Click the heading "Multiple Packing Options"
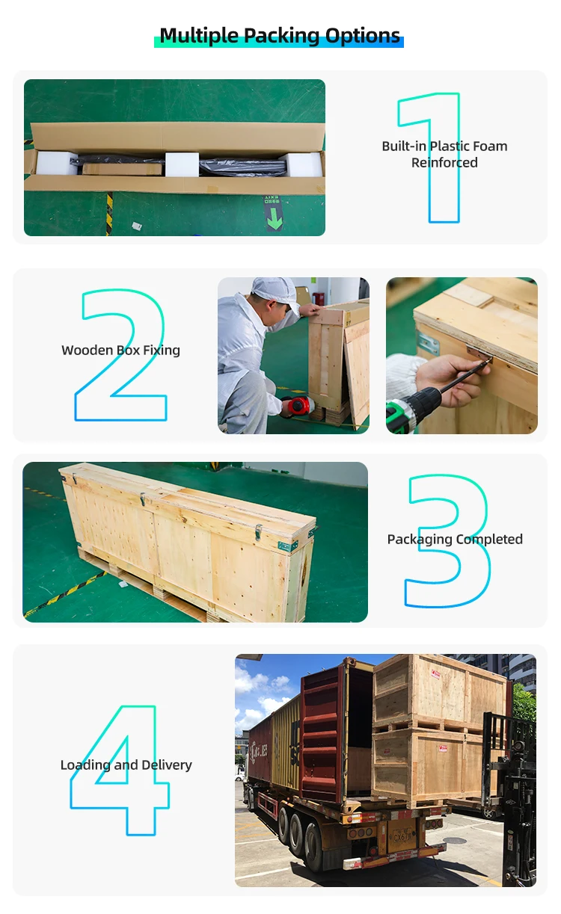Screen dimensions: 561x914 tap(280, 36)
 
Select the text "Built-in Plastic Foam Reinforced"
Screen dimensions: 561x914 tap(444, 154)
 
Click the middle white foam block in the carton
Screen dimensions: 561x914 tap(182, 164)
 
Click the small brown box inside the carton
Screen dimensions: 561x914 tap(122, 169)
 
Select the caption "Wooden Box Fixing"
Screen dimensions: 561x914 tap(121, 350)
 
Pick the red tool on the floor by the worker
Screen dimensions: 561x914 tap(297, 406)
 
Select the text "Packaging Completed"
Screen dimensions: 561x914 tap(455, 539)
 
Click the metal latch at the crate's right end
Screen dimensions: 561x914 tap(257, 531)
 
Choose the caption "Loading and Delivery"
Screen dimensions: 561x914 tap(126, 765)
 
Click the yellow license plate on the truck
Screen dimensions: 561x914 tap(402, 836)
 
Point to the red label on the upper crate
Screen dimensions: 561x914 tap(436, 675)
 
